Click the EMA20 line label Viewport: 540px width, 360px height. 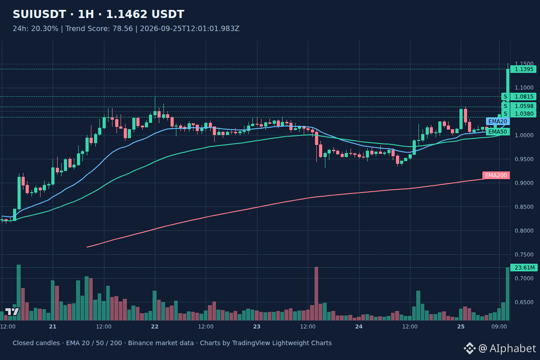(498, 121)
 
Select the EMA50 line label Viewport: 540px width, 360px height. (498, 132)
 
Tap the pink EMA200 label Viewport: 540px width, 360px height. (496, 175)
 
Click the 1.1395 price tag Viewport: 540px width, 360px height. (524, 69)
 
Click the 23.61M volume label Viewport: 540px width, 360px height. (524, 268)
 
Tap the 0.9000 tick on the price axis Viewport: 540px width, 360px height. (524, 183)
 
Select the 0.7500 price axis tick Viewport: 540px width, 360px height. (524, 255)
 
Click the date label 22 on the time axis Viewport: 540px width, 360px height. (155, 327)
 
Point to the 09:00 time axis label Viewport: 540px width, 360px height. (499, 327)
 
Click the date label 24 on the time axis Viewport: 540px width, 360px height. (359, 327)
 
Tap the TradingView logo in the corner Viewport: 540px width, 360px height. (12, 311)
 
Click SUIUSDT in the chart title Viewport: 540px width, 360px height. (39, 14)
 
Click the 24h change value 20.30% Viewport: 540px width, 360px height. (45, 29)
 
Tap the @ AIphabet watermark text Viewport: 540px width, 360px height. (507, 348)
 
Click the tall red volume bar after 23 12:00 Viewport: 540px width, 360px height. (316, 293)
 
